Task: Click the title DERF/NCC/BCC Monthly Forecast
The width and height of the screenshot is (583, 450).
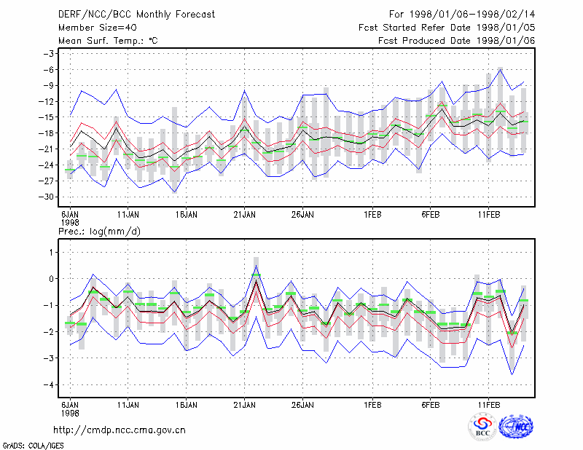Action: click(x=136, y=15)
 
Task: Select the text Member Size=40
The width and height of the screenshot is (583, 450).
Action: click(x=98, y=28)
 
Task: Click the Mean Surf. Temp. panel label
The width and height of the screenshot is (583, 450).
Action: click(x=108, y=41)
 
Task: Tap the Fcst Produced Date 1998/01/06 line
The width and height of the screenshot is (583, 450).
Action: click(x=457, y=41)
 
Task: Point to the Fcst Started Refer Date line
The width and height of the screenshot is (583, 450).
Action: click(x=447, y=28)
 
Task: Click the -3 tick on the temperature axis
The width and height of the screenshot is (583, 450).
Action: click(x=49, y=53)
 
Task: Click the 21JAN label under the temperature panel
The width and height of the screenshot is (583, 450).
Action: click(x=245, y=215)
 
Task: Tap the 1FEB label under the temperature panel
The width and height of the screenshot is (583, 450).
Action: click(x=372, y=215)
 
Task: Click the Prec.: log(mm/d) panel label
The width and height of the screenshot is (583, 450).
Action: click(x=100, y=232)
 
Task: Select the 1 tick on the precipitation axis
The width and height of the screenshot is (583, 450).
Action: click(x=52, y=253)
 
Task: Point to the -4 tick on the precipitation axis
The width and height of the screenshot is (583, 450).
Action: click(x=49, y=384)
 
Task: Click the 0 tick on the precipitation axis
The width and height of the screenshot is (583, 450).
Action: click(x=52, y=279)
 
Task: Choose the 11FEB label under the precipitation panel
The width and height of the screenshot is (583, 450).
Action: click(x=489, y=405)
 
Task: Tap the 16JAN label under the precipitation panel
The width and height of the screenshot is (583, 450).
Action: click(x=187, y=405)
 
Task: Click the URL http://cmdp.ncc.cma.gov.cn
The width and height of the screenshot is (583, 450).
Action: click(x=120, y=430)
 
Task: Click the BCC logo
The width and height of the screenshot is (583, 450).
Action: click(x=482, y=427)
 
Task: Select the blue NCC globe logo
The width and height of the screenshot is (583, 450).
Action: click(x=516, y=427)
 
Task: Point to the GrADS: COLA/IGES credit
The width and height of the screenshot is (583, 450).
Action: click(x=33, y=446)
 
